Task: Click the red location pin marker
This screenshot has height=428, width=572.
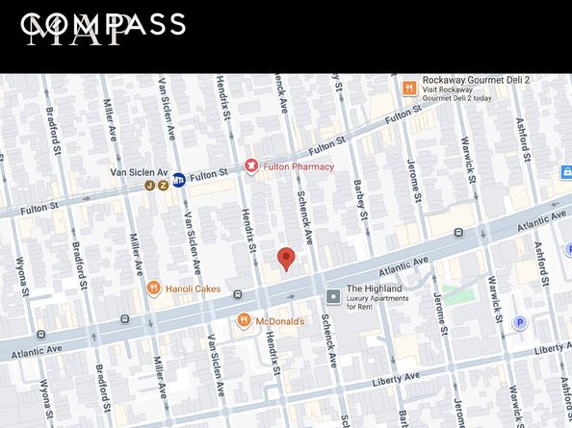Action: (x=286, y=258)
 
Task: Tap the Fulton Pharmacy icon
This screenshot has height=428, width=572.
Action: (x=251, y=166)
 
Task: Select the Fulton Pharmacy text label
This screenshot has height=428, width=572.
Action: (x=299, y=166)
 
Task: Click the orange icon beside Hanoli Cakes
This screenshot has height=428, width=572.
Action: (x=153, y=288)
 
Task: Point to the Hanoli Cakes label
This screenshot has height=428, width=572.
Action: (x=193, y=289)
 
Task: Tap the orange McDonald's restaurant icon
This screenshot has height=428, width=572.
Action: (x=244, y=320)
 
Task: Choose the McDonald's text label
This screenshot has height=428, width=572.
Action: (x=280, y=321)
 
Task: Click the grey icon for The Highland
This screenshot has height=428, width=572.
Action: (x=333, y=296)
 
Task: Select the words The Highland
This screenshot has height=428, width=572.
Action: (x=374, y=289)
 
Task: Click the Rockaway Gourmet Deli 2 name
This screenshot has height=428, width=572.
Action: (x=476, y=81)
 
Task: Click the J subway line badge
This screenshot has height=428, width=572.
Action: (x=150, y=185)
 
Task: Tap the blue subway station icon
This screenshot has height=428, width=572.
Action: (x=178, y=179)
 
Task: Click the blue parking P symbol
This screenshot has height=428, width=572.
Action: (x=520, y=323)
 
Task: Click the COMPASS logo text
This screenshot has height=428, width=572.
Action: (x=103, y=24)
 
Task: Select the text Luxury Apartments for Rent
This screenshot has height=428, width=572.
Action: (x=377, y=302)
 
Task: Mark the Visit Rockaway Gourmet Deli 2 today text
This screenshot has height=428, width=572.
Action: (x=456, y=98)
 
